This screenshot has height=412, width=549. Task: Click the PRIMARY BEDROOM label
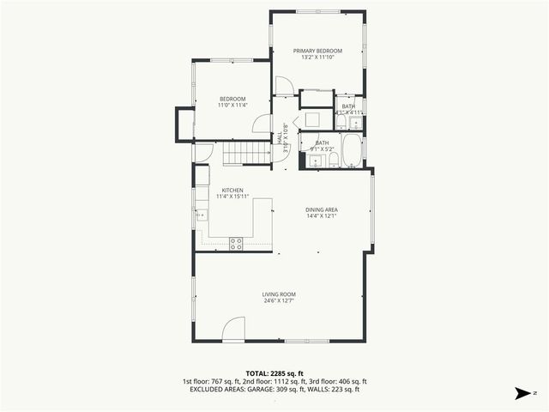coord(317,51)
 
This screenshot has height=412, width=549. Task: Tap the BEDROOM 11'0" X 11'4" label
coord(232,99)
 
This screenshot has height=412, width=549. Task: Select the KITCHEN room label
coord(232,190)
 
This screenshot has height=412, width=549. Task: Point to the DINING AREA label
coord(323,209)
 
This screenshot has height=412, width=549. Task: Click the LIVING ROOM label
coord(279,294)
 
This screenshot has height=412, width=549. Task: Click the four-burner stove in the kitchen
coord(236,243)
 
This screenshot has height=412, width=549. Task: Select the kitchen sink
coord(202,215)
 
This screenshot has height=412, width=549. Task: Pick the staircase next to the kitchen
coord(242,155)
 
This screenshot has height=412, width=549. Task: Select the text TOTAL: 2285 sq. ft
coord(274,373)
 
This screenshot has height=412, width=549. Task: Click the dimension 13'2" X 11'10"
coord(317,58)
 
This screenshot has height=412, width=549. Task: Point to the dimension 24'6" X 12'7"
coord(279,301)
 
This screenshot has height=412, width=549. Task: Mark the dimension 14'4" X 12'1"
coord(323,216)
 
